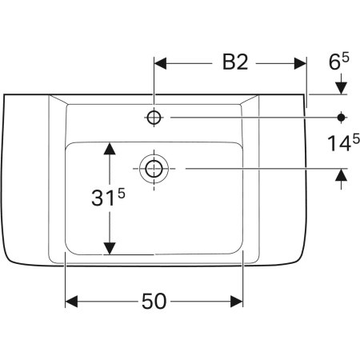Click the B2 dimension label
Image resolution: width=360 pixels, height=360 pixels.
point(235,62)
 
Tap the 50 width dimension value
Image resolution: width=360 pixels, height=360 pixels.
point(154,302)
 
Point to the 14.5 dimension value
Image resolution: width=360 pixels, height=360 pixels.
point(343,142)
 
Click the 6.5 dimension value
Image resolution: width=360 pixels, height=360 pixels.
point(338,61)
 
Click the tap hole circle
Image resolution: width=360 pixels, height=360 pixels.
point(154,118)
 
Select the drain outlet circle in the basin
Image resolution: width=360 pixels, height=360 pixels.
point(154,169)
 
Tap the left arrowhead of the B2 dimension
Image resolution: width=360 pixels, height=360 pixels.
point(160,63)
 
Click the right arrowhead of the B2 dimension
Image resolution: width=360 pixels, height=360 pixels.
point(300,63)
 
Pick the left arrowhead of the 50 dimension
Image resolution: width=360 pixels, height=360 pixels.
point(71,302)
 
